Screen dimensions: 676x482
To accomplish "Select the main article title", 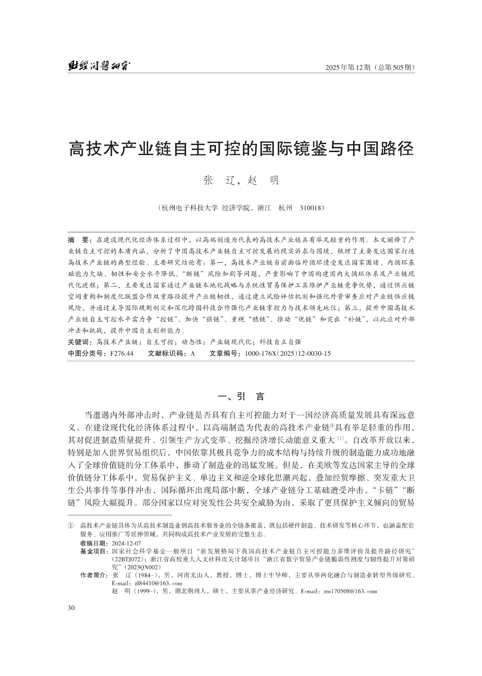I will [x=241, y=149].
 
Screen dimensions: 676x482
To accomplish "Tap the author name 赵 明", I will [x=263, y=180].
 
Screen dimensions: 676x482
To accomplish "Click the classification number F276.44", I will [x=121, y=353].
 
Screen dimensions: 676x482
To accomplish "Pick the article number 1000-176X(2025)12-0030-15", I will [x=288, y=353].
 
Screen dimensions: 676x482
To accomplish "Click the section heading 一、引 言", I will [x=241, y=397].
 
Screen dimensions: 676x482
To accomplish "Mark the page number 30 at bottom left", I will [x=71, y=608].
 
